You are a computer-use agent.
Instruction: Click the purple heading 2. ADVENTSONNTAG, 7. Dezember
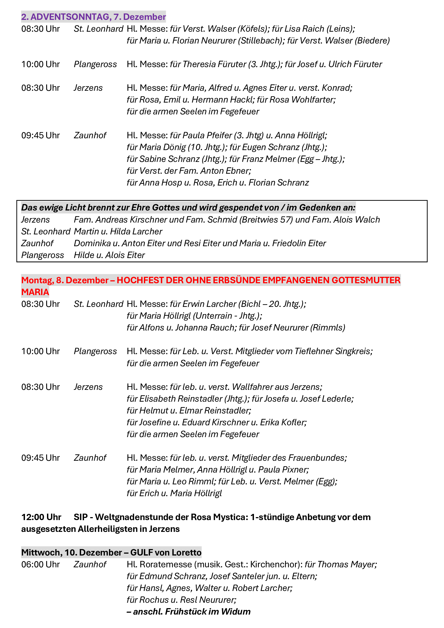coord(93,17)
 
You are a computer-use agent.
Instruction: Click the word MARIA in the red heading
coord(35,292)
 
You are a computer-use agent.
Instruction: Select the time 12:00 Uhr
coord(41,517)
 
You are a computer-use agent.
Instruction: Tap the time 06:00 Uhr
coord(41,565)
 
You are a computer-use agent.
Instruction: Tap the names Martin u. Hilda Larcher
coord(118,231)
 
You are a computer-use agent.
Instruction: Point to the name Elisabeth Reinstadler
coord(181,399)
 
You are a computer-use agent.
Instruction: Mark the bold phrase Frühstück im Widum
coord(208,612)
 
